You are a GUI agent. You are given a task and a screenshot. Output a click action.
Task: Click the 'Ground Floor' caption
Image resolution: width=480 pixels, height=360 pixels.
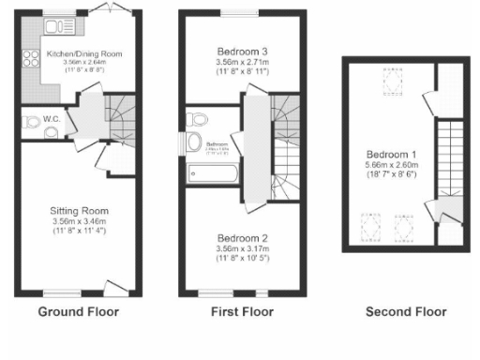click(79, 311)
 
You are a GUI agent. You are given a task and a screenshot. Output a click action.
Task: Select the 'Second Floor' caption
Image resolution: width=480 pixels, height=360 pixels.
click(406, 311)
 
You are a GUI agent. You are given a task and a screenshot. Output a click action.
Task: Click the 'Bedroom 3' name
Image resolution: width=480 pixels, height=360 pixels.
click(242, 51)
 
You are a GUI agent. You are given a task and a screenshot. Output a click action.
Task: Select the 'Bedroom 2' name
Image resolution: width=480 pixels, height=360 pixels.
click(242, 238)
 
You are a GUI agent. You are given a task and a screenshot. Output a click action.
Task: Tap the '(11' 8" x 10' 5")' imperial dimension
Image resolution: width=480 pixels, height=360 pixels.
click(242, 258)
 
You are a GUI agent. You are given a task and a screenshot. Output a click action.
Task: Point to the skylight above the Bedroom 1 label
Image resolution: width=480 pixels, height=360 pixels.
click(385, 84)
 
